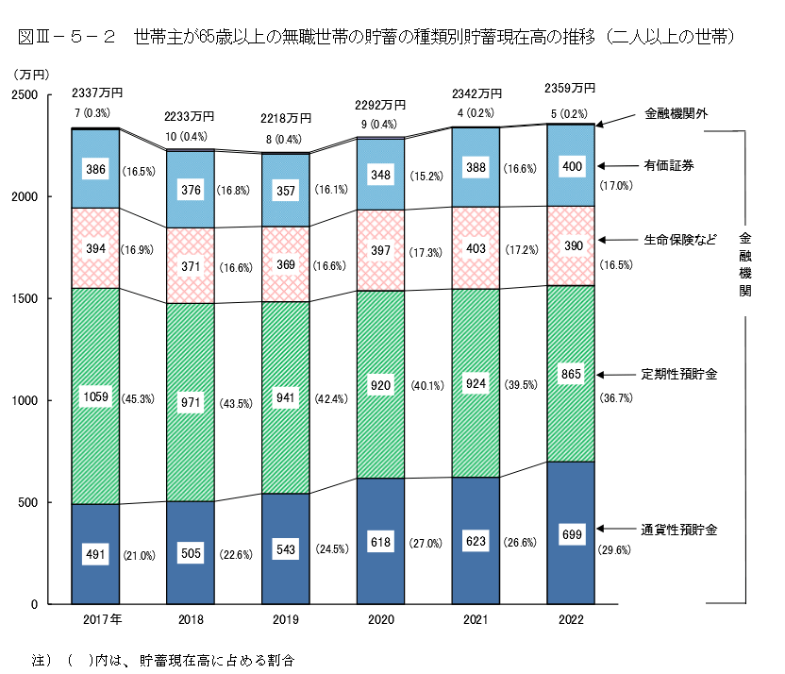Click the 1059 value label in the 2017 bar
click(x=97, y=397)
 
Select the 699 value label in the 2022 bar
click(x=571, y=535)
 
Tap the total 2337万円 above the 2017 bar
click(x=97, y=93)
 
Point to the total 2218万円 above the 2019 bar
click(x=286, y=118)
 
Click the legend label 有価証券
click(x=669, y=165)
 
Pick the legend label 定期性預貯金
click(x=679, y=374)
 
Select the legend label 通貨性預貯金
click(x=679, y=530)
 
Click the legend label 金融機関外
click(x=676, y=113)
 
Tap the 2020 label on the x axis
click(x=381, y=620)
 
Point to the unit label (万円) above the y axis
click(x=33, y=74)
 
